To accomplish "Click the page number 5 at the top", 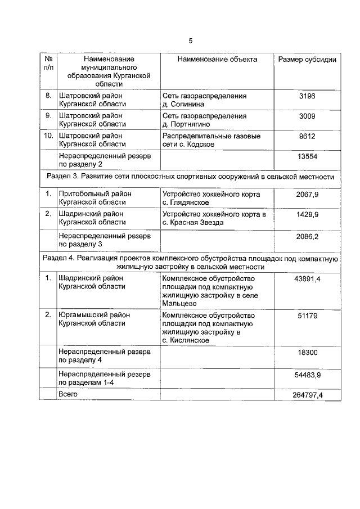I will coord(190,40).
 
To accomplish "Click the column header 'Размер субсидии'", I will coord(307,60).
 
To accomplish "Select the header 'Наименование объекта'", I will coord(217,59).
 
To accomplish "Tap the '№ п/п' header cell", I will coord(49,63).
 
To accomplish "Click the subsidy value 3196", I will coord(307,97).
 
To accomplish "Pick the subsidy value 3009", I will coord(307,116).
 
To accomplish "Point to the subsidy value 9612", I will coord(307,136).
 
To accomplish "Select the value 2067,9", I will coord(307,195).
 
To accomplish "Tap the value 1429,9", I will coord(307,214).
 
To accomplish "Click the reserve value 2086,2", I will coord(307,237).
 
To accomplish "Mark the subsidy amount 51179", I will coord(307,316).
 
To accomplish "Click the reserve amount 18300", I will coord(307,353).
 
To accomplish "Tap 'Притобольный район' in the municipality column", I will coord(95,194).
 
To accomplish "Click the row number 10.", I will coord(49,136).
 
